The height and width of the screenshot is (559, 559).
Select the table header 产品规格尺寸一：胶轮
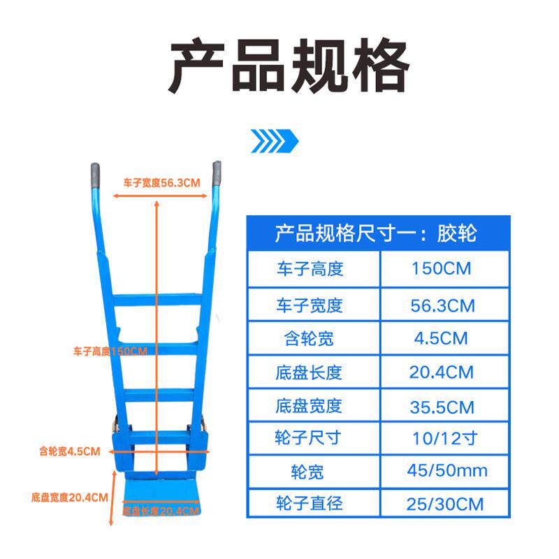(x=375, y=232)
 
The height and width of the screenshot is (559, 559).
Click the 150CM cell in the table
(x=440, y=269)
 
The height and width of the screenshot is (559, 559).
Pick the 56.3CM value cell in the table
(x=440, y=305)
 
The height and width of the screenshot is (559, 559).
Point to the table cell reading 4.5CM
(x=440, y=339)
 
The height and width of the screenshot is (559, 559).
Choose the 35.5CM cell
(x=440, y=407)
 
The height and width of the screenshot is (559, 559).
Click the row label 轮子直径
(x=309, y=503)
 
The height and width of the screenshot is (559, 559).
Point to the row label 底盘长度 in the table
(x=309, y=372)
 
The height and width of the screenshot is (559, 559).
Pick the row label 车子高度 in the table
(x=309, y=269)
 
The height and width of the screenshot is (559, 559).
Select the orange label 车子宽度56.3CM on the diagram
(x=162, y=183)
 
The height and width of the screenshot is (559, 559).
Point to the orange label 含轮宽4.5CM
(x=70, y=451)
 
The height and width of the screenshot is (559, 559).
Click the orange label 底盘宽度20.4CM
(x=69, y=498)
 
